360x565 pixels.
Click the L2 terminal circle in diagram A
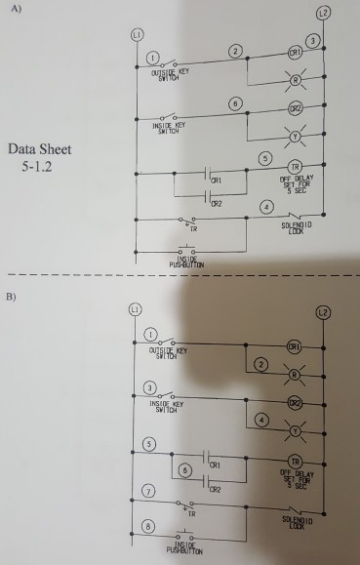coord(336,13)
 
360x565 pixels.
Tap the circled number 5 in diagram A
coord(262,157)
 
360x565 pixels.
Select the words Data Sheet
coord(40,150)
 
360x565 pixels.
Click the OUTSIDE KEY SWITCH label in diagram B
coord(168,351)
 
